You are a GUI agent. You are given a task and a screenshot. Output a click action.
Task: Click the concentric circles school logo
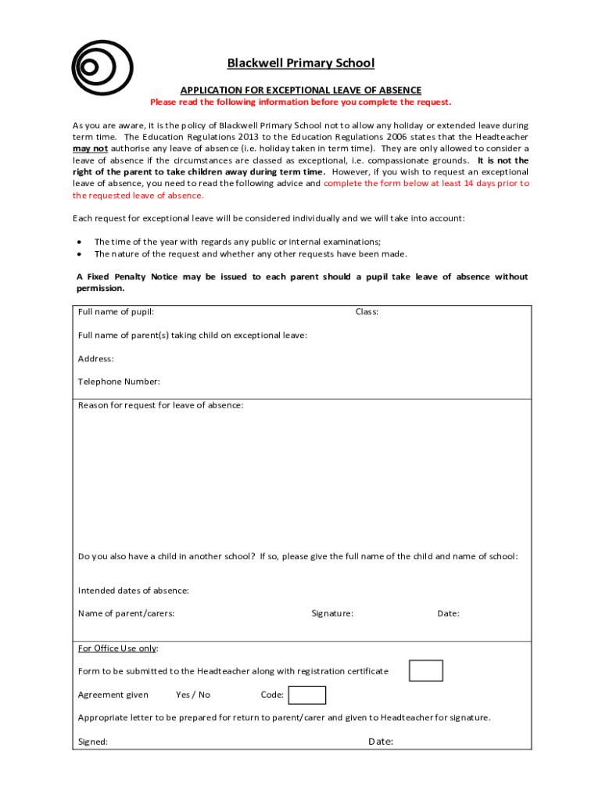[102, 66]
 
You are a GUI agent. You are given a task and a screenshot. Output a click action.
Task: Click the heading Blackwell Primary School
[301, 63]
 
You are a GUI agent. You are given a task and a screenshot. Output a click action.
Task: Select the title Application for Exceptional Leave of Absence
[301, 90]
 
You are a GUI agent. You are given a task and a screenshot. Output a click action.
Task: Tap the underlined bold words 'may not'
[90, 149]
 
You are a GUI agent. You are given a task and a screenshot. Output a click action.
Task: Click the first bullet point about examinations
[238, 242]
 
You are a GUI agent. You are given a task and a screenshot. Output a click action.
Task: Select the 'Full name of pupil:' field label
[116, 312]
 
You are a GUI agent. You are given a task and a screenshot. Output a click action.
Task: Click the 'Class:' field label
[367, 312]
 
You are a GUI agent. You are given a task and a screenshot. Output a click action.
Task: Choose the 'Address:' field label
[96, 359]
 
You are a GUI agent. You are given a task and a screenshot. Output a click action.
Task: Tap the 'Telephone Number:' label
[119, 382]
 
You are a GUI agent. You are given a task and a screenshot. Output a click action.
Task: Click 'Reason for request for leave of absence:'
[160, 405]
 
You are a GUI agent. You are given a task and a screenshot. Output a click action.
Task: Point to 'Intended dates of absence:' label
[134, 591]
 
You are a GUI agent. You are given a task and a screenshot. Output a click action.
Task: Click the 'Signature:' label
[332, 614]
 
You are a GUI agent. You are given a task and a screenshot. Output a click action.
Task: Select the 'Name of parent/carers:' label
[126, 614]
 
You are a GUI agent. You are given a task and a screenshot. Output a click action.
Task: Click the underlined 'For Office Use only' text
[118, 648]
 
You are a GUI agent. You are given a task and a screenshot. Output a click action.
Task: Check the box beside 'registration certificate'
[426, 671]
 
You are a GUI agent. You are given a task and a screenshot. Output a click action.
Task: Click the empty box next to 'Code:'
[306, 695]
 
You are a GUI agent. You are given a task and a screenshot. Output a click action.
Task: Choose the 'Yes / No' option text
[193, 695]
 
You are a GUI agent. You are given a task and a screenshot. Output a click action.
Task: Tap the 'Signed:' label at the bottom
[93, 742]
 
